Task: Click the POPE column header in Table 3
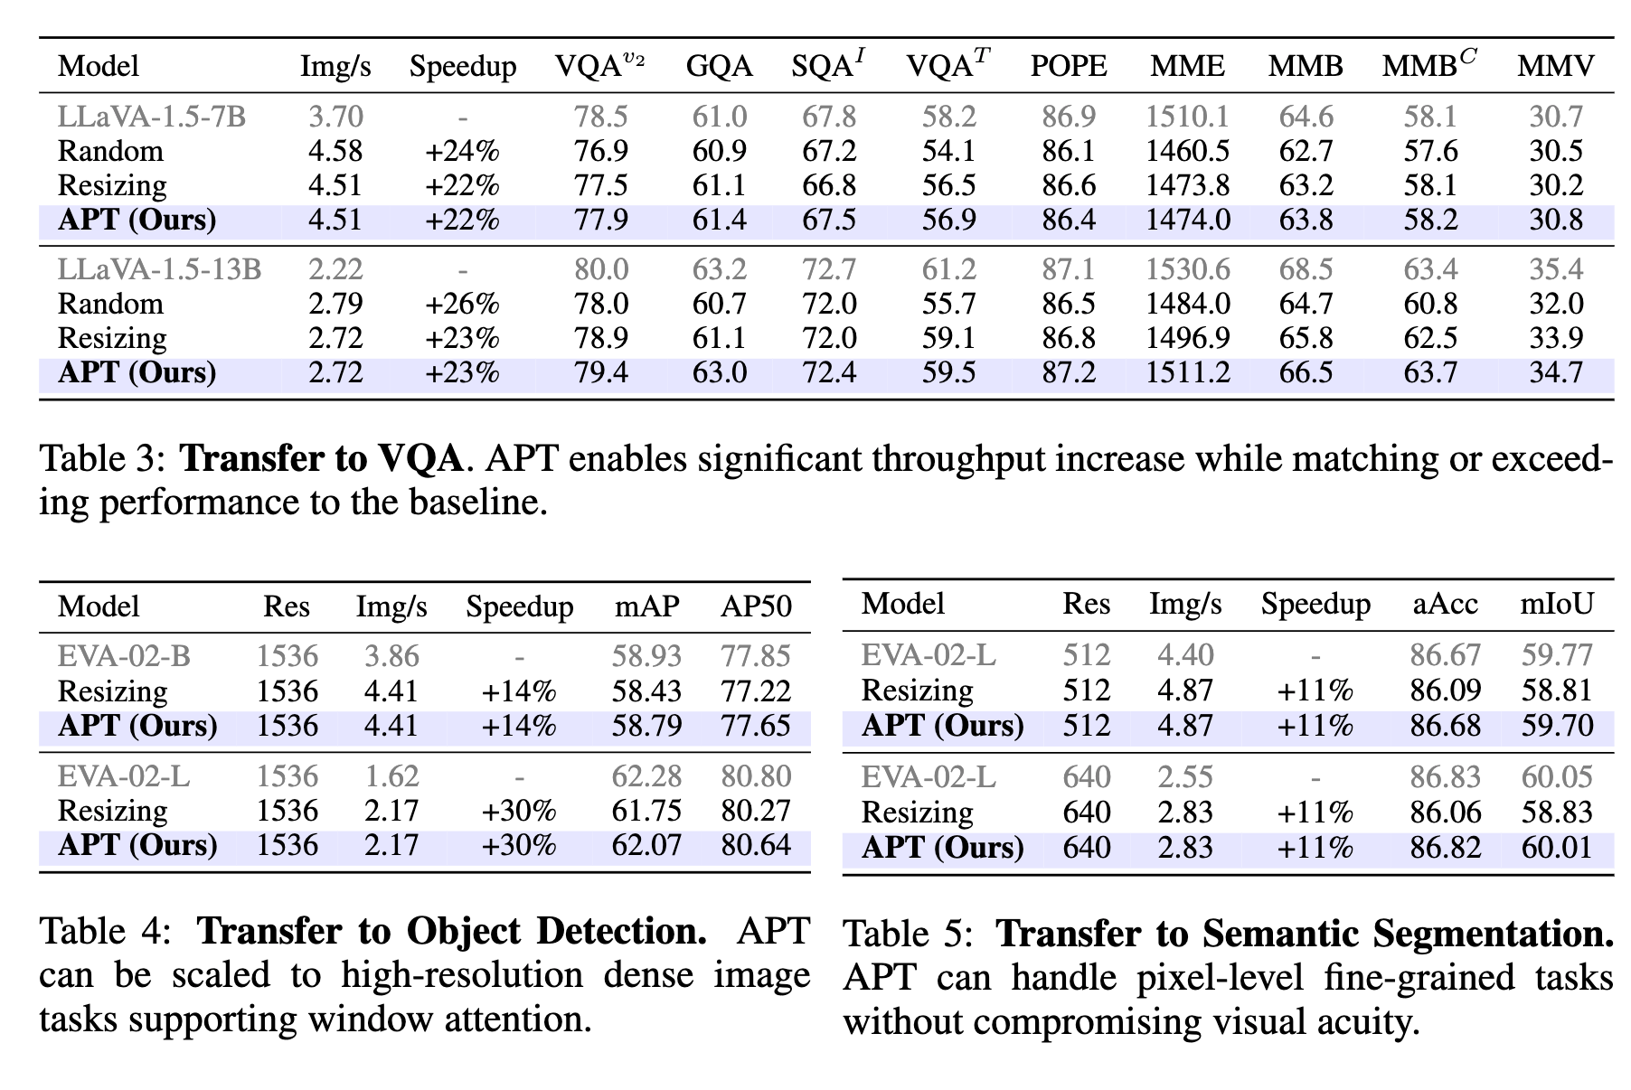(1068, 66)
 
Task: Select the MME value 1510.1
(1187, 117)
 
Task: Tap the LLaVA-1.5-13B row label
(160, 269)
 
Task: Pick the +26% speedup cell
(462, 304)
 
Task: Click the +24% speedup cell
(462, 151)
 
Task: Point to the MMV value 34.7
(1555, 372)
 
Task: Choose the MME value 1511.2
(1187, 372)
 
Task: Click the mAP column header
(646, 606)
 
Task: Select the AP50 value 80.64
(756, 845)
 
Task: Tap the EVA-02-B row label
(124, 656)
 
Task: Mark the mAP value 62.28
(646, 776)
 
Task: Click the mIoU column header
(1556, 604)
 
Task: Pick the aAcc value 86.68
(1445, 726)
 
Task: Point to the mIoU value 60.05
(1556, 777)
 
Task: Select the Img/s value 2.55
(1185, 777)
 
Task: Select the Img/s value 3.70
(335, 117)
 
